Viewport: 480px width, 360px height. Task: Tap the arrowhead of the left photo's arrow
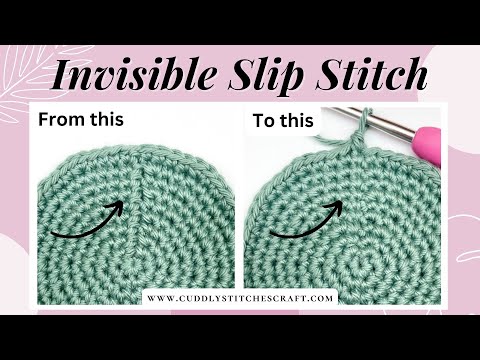click(117, 207)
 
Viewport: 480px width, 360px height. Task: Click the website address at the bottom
click(240, 297)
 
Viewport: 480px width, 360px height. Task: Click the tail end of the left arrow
click(52, 237)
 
